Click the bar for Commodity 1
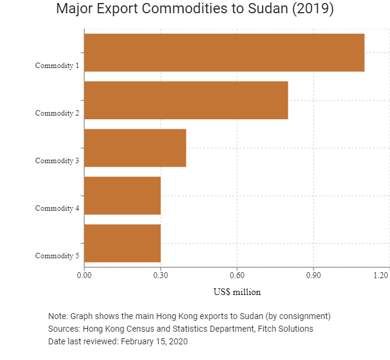click(224, 53)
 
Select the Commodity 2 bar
click(187, 101)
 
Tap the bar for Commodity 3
click(135, 148)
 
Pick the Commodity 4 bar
click(122, 196)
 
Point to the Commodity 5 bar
click(122, 243)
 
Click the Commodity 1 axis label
click(57, 66)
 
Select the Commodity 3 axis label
click(57, 161)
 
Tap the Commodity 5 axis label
click(57, 256)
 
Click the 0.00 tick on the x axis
click(84, 275)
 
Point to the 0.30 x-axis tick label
click(161, 275)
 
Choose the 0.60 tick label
click(237, 275)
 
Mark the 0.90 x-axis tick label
click(314, 275)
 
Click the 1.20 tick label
click(381, 275)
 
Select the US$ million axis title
click(237, 292)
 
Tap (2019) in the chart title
click(313, 9)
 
